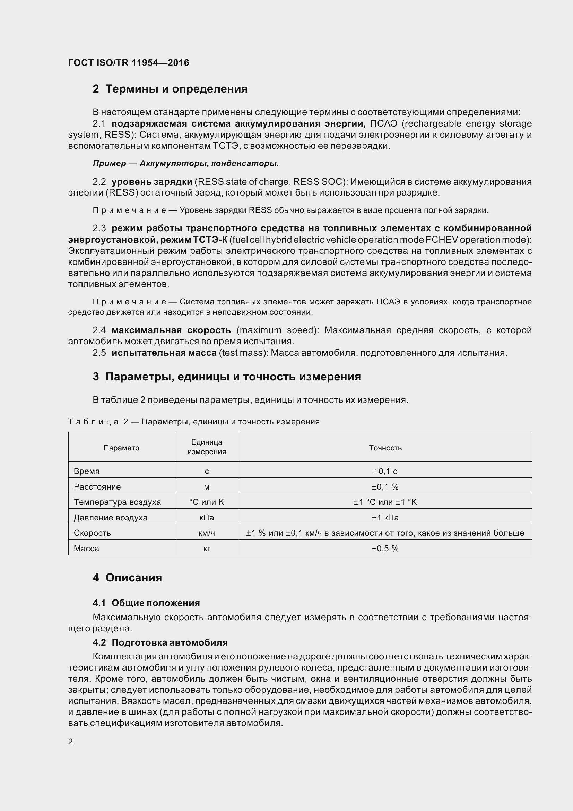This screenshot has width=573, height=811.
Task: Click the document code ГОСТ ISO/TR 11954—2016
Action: [x=129, y=63]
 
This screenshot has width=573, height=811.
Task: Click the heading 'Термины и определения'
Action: [x=176, y=89]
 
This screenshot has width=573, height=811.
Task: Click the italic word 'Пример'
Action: [x=109, y=164]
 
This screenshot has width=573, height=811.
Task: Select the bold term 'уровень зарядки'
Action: [x=152, y=182]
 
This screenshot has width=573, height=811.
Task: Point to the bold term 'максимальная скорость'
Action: [x=171, y=330]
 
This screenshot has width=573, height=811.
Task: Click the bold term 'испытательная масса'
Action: [x=164, y=353]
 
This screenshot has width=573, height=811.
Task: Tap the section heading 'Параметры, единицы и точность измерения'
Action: [x=233, y=377]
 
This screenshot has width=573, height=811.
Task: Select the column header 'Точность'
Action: [x=385, y=448]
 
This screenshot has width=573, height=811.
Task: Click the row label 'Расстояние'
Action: [x=97, y=487]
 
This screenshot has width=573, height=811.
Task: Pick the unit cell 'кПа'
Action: [x=207, y=517]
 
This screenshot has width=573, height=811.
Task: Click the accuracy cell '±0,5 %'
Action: [x=385, y=549]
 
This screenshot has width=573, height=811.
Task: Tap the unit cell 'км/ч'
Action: [x=207, y=533]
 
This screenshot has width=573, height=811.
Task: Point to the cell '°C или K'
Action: [x=207, y=502]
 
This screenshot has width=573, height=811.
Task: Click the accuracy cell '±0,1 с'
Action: [x=385, y=471]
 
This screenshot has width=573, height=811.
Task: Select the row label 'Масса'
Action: [x=87, y=549]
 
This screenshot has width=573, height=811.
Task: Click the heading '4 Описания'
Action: [x=127, y=578]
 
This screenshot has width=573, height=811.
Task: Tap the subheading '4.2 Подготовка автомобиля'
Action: [x=160, y=642]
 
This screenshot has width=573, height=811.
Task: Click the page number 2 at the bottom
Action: [x=70, y=742]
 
